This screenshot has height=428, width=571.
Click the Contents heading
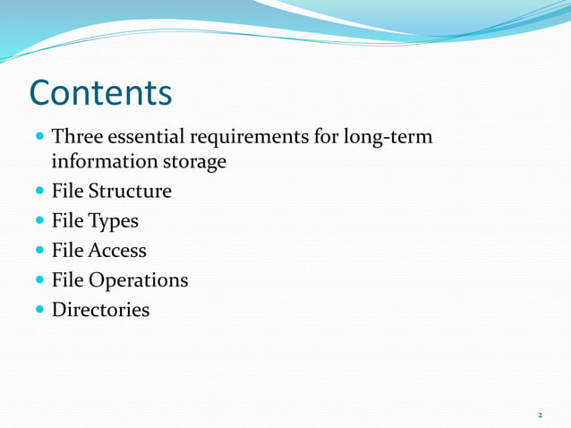click(x=100, y=92)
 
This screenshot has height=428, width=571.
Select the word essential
click(x=144, y=138)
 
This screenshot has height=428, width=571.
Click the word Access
click(x=117, y=251)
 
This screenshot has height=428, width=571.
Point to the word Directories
click(x=100, y=310)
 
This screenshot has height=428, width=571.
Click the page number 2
click(x=540, y=415)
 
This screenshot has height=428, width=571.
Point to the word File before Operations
click(x=66, y=280)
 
